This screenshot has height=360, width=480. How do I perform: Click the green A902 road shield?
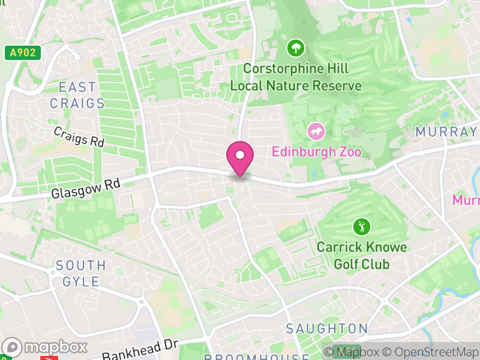[x=23, y=53]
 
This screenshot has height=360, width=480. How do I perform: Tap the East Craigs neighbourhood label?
[x=77, y=95]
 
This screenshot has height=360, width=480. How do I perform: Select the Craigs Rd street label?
[x=79, y=137]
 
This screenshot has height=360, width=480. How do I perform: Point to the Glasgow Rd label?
[x=85, y=188]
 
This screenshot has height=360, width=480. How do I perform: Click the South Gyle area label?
[x=80, y=272]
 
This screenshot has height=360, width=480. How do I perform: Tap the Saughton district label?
[x=327, y=329]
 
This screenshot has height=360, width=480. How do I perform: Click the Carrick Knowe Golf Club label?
[x=362, y=256]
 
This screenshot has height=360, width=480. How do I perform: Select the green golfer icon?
[x=362, y=227]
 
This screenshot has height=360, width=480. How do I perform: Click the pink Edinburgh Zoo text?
[x=317, y=151]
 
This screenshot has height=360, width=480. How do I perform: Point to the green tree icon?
[x=295, y=47]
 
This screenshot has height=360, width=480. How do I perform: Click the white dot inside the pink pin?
[x=240, y=155]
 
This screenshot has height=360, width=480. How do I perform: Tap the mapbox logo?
[x=46, y=347]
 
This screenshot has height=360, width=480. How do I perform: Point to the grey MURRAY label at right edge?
[x=447, y=131]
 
